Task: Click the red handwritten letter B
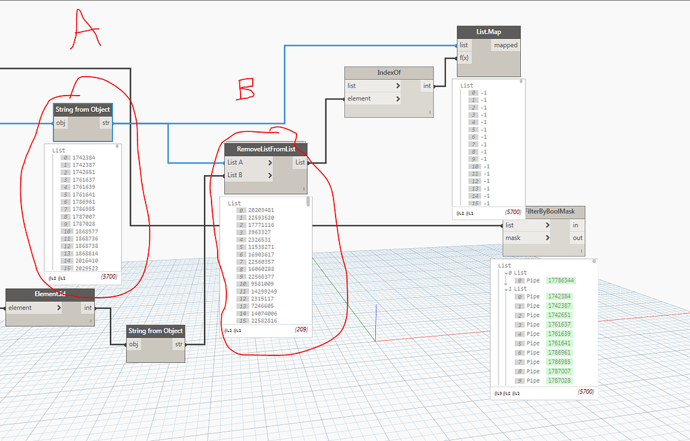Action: (247, 89)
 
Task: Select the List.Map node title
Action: (489, 32)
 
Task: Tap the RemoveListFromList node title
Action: (266, 149)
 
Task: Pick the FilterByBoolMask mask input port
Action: (514, 238)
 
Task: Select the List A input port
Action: (235, 162)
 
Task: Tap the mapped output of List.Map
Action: (505, 45)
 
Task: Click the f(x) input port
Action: (464, 58)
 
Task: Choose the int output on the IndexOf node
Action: (427, 86)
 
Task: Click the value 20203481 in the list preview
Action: (261, 210)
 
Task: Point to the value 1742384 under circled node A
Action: (85, 158)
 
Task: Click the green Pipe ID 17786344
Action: (561, 280)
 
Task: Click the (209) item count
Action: (301, 330)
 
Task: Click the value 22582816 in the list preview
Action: (261, 321)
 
